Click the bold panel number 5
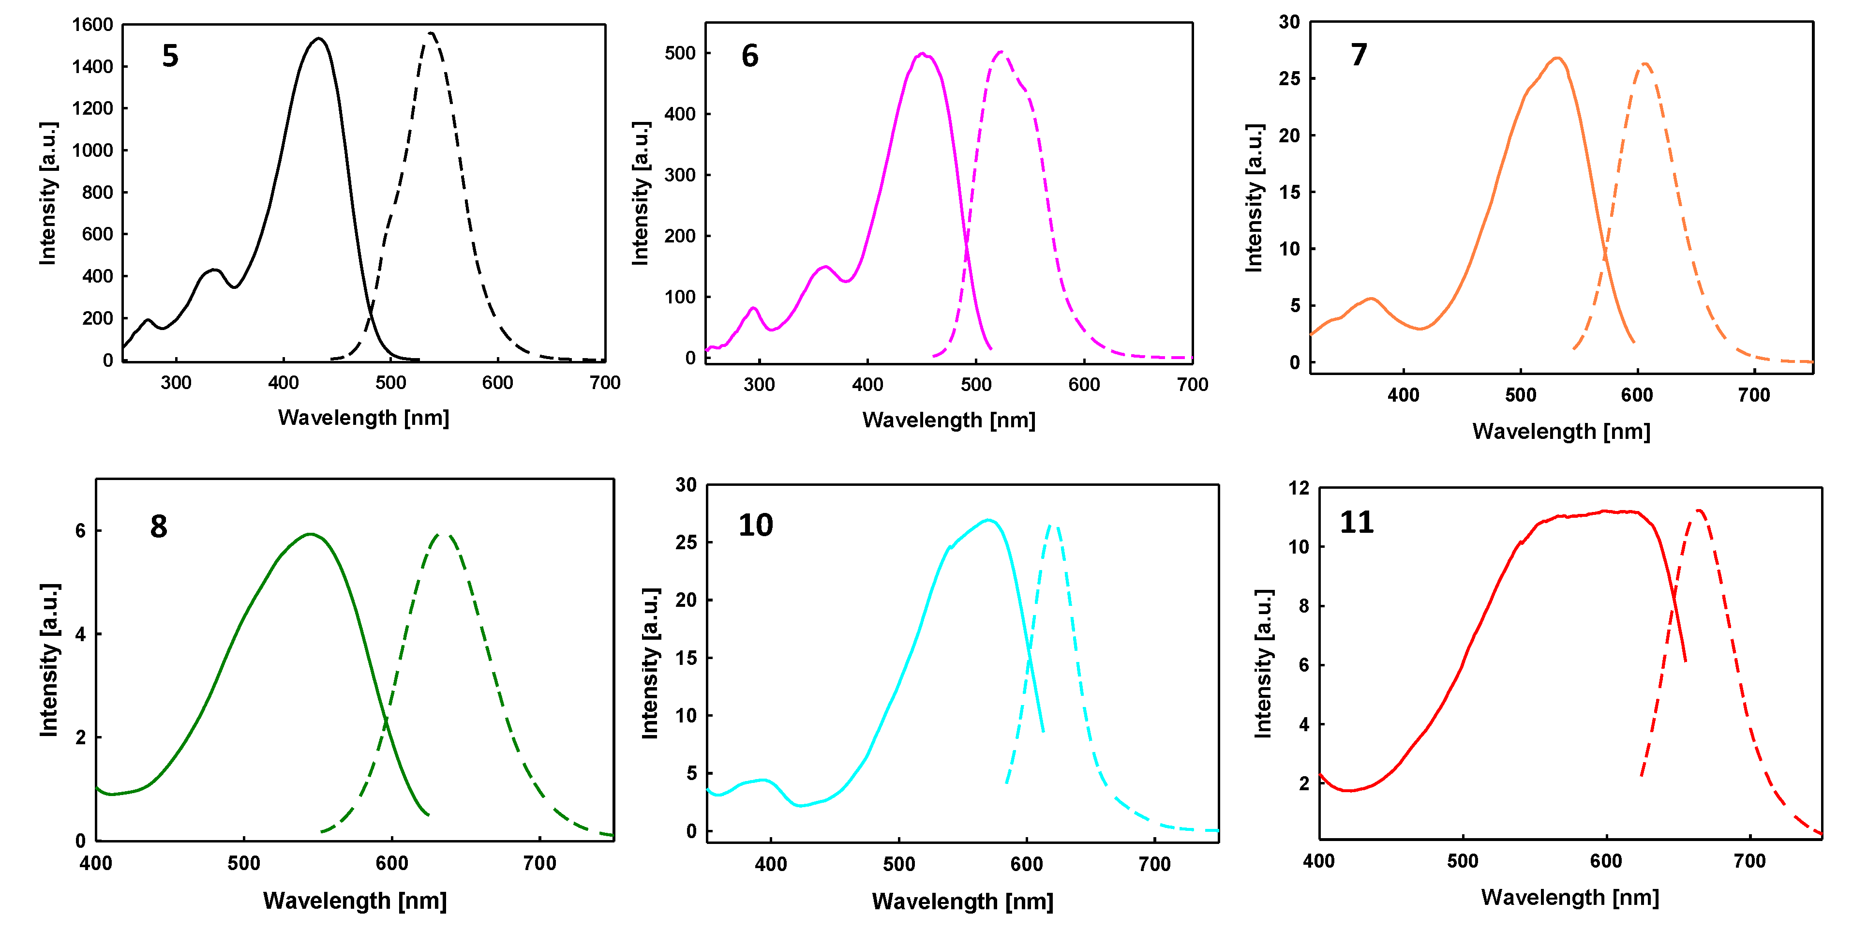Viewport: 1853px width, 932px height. pyautogui.click(x=170, y=56)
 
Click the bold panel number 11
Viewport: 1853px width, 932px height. pyautogui.click(x=1356, y=523)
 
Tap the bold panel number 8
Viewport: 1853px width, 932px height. pyautogui.click(x=158, y=527)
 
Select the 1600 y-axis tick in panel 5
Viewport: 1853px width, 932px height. pyautogui.click(x=92, y=25)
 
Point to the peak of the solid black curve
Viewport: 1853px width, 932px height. pyautogui.click(x=318, y=39)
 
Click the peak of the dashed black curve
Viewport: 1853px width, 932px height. pyautogui.click(x=430, y=33)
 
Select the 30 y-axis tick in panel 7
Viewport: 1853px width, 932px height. pyautogui.click(x=1289, y=22)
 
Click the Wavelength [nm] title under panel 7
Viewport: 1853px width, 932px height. pyautogui.click(x=1561, y=431)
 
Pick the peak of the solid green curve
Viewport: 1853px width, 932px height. pyautogui.click(x=310, y=534)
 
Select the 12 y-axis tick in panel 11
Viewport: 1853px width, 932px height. pyautogui.click(x=1299, y=488)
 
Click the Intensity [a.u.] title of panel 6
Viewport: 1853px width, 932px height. pyautogui.click(x=640, y=193)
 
